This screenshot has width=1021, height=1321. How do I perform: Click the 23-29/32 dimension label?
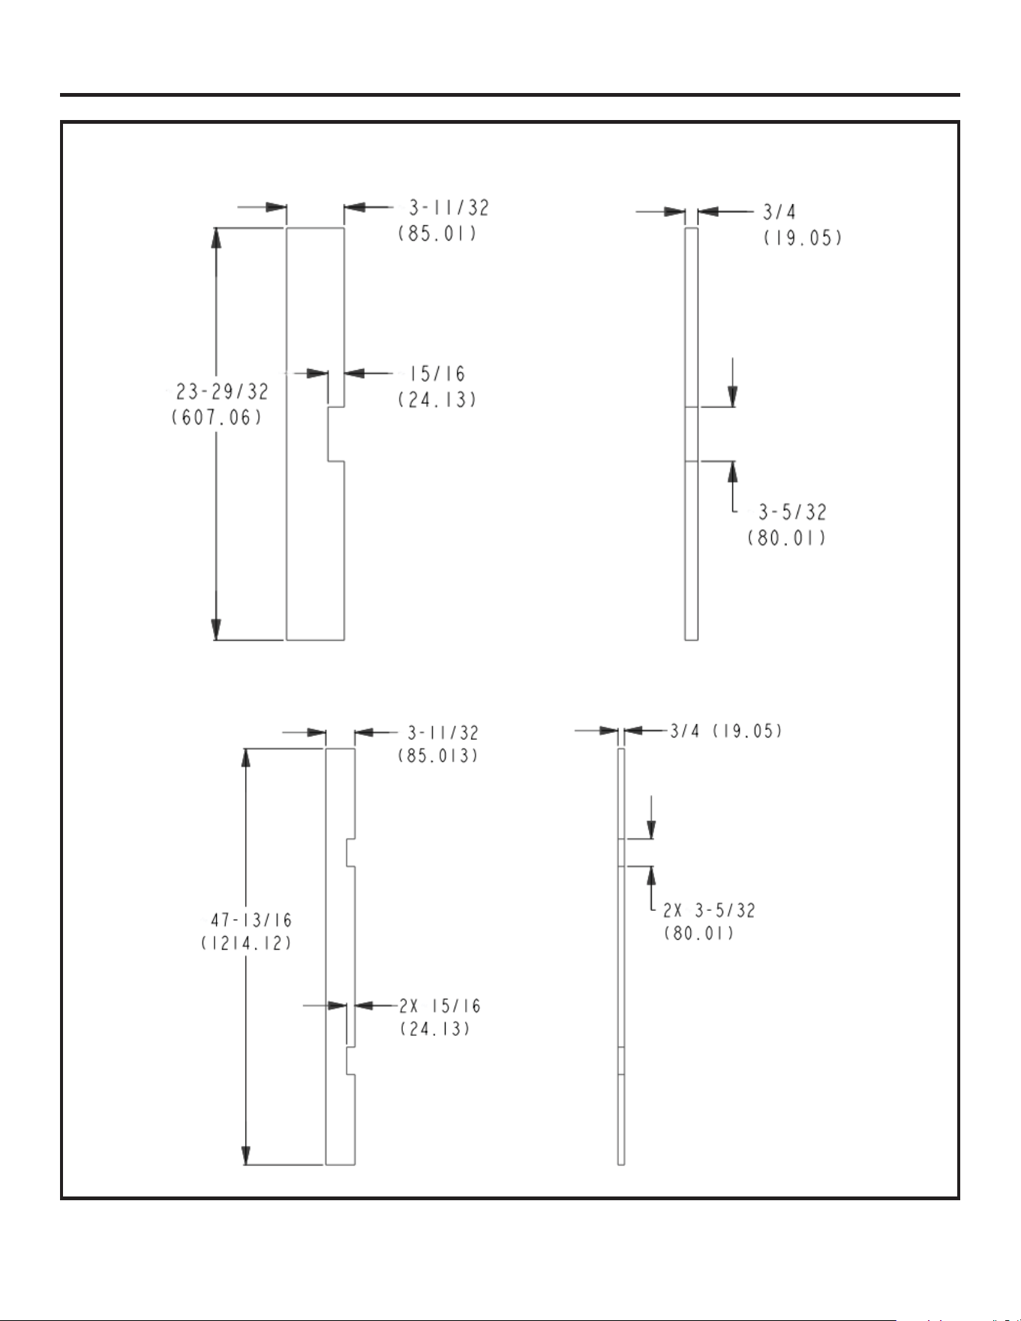[222, 392]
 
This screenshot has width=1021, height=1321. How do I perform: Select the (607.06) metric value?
[218, 417]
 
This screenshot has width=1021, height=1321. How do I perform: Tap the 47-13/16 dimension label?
[251, 920]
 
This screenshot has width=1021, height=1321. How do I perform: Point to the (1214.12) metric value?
[246, 944]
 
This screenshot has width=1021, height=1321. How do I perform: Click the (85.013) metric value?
[438, 755]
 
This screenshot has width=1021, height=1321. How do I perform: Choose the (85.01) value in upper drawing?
[437, 233]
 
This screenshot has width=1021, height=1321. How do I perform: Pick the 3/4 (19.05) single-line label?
[726, 731]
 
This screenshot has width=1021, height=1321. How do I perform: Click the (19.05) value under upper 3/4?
[803, 239]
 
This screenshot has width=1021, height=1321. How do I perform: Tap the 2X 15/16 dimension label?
[440, 1006]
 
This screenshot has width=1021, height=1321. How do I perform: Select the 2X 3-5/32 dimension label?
[709, 910]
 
